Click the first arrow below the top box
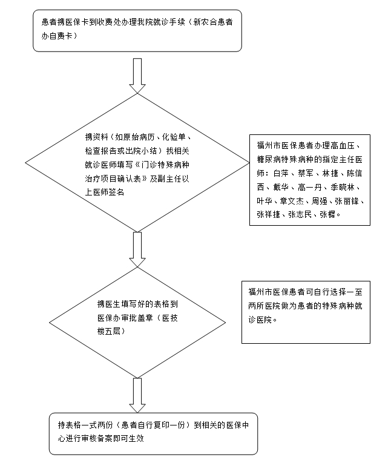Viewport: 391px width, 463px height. pyautogui.click(x=137, y=76)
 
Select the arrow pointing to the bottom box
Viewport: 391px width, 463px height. pyautogui.click(x=137, y=395)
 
